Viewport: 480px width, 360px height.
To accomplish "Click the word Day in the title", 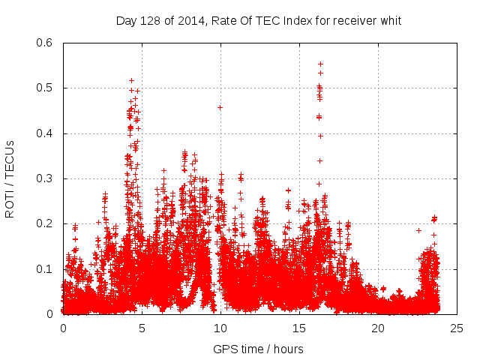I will pyautogui.click(x=126, y=20).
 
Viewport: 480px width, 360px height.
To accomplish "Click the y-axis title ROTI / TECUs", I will pyautogui.click(x=10, y=178).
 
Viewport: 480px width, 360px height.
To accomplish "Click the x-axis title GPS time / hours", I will pyautogui.click(x=258, y=349).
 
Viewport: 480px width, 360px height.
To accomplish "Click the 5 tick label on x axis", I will pyautogui.click(x=142, y=328).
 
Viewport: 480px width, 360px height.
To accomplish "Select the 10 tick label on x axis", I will pyautogui.click(x=220, y=328).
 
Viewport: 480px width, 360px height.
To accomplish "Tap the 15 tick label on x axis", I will pyautogui.click(x=299, y=328).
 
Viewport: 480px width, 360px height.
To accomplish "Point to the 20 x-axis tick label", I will pyautogui.click(x=378, y=328).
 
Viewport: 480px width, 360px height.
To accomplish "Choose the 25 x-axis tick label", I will pyautogui.click(x=457, y=328).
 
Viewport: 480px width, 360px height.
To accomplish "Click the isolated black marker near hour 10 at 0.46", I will pyautogui.click(x=220, y=107).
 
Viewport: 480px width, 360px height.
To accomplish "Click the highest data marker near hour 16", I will pyautogui.click(x=320, y=64).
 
